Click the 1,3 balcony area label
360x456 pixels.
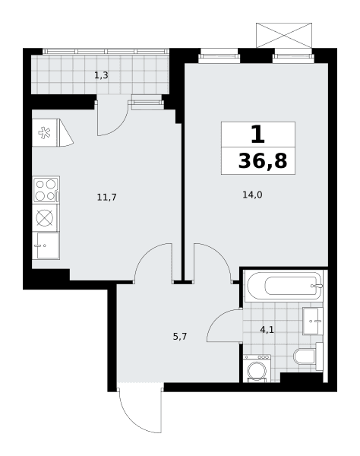[101, 75]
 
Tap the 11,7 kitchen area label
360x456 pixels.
[106, 198]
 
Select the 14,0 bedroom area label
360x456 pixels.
[252, 195]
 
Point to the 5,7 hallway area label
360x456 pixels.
[180, 337]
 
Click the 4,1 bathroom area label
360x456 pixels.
[267, 330]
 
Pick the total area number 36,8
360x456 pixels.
[263, 161]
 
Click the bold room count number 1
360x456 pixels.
[258, 135]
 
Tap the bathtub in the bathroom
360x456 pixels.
[284, 286]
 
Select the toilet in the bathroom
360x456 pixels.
[308, 356]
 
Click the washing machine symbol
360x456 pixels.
[257, 369]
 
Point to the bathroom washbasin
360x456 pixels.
[313, 321]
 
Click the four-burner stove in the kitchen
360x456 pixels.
[46, 189]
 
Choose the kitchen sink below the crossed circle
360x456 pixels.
[46, 245]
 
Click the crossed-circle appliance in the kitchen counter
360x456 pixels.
[46, 218]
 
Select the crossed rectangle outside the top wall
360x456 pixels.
[284, 35]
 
